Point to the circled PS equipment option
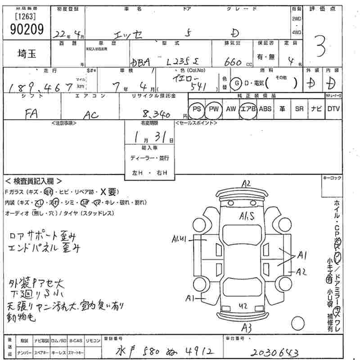click(196, 109)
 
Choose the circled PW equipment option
click(213, 109)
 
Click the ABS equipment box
click(265, 109)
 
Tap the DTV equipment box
click(333, 109)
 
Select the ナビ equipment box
click(316, 109)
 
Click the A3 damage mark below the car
click(247, 327)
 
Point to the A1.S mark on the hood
click(247, 216)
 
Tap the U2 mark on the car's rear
click(243, 306)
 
